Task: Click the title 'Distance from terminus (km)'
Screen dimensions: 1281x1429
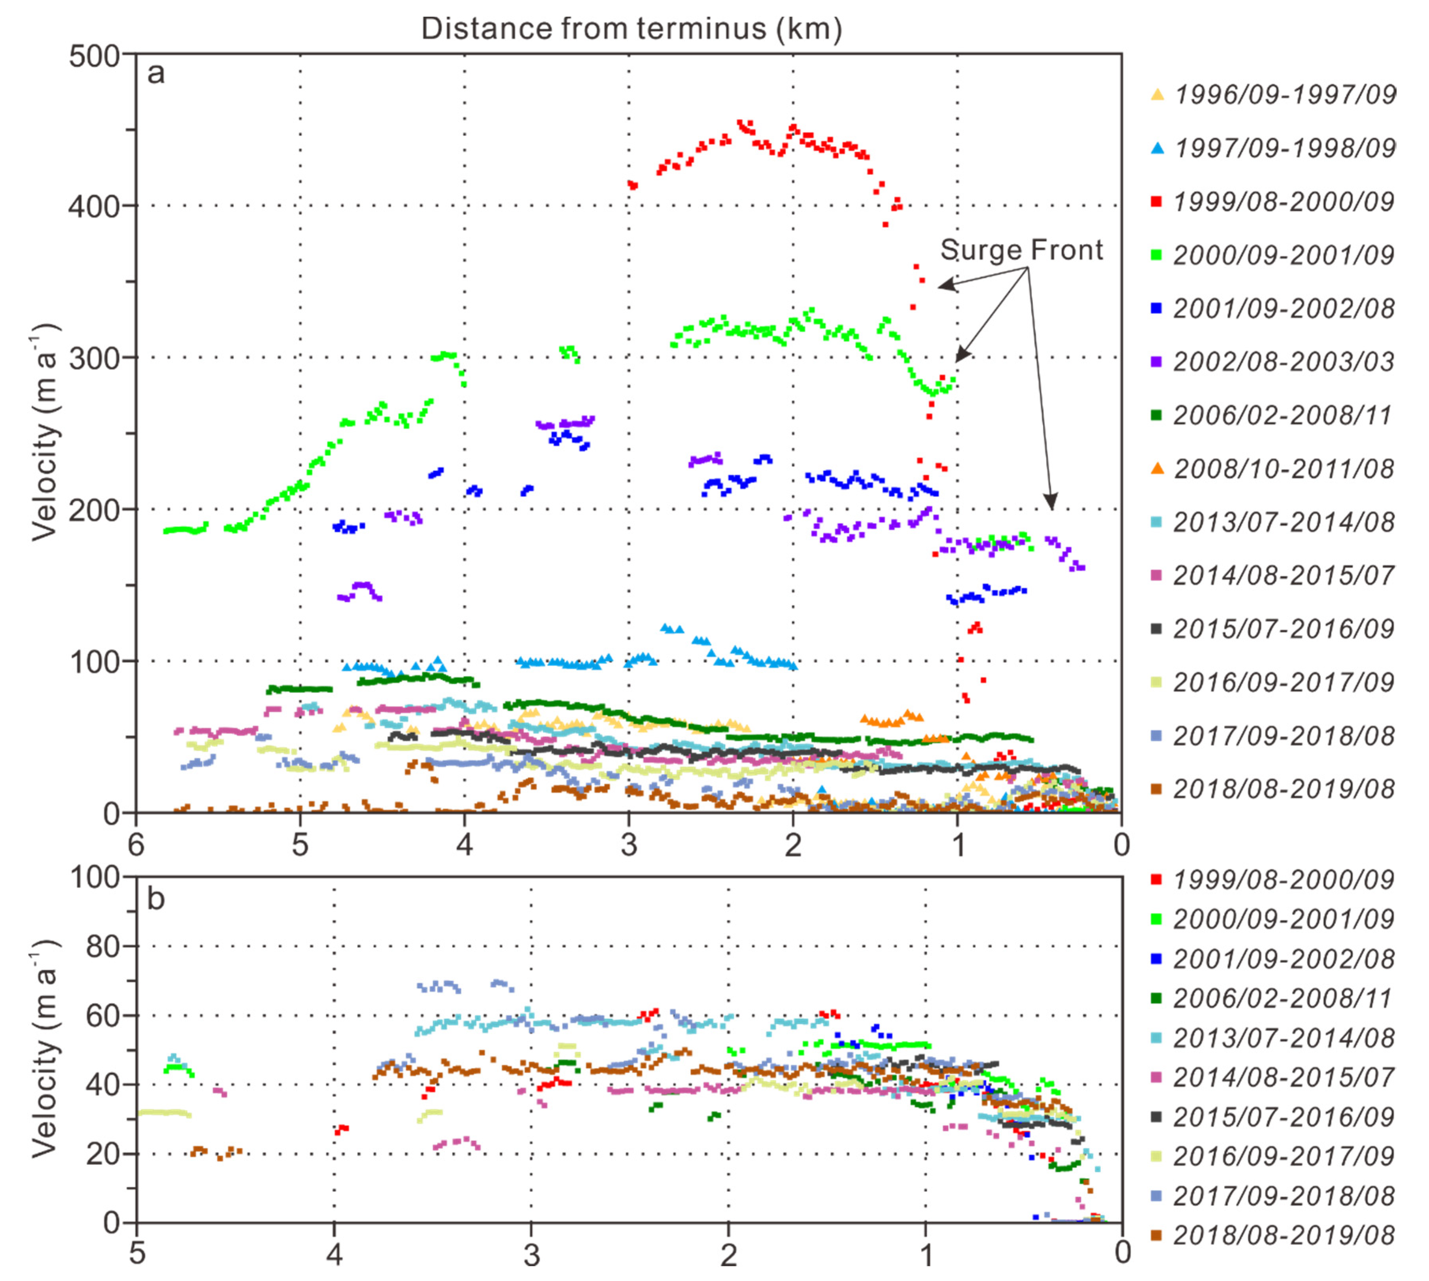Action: coord(631,29)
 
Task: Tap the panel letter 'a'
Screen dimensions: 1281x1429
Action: coord(155,72)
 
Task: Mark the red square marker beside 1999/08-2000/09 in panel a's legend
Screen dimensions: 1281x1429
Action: coord(1156,202)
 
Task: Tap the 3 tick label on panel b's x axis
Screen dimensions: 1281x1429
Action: coord(531,1254)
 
